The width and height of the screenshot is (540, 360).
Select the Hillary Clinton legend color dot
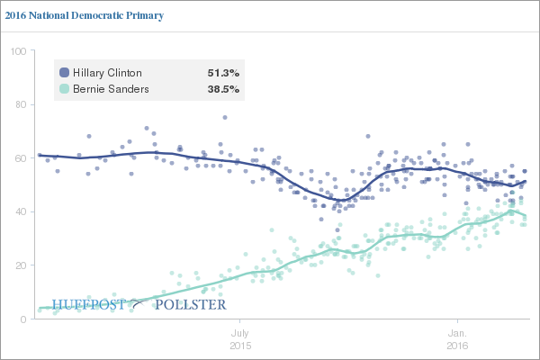click(x=64, y=72)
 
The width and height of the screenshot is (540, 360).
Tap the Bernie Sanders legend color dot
click(x=64, y=89)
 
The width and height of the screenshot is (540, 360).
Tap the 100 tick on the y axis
click(x=16, y=50)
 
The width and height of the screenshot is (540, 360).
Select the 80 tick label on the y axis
click(x=19, y=104)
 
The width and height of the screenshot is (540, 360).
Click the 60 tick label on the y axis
click(x=19, y=158)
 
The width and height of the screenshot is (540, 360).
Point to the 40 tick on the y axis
click(x=19, y=211)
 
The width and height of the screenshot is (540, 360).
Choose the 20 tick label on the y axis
click(x=19, y=265)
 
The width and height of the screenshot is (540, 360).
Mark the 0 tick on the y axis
click(x=22, y=319)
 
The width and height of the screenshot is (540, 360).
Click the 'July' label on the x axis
click(x=239, y=332)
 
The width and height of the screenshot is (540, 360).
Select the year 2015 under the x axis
click(x=239, y=346)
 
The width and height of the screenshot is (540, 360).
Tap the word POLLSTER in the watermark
click(x=191, y=304)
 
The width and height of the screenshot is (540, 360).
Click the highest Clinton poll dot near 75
click(x=224, y=117)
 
